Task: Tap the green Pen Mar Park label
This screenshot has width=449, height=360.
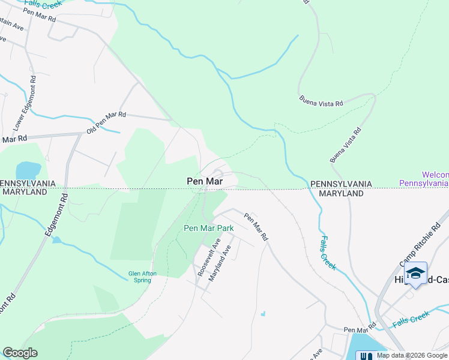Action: tap(208, 228)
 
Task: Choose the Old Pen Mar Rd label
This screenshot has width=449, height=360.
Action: tap(106, 122)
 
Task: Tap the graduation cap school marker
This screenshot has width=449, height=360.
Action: tap(415, 273)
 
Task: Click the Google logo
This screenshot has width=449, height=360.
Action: tap(20, 352)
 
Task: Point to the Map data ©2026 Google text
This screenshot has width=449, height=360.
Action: tap(412, 355)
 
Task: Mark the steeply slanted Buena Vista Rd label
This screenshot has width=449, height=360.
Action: tap(346, 145)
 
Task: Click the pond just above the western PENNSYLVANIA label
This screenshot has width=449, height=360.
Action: tap(28, 170)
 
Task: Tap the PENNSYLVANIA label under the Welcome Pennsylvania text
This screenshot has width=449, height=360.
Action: tap(340, 184)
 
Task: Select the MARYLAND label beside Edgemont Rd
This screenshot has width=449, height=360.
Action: tap(24, 192)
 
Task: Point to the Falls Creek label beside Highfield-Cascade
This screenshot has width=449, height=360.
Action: tap(412, 319)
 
